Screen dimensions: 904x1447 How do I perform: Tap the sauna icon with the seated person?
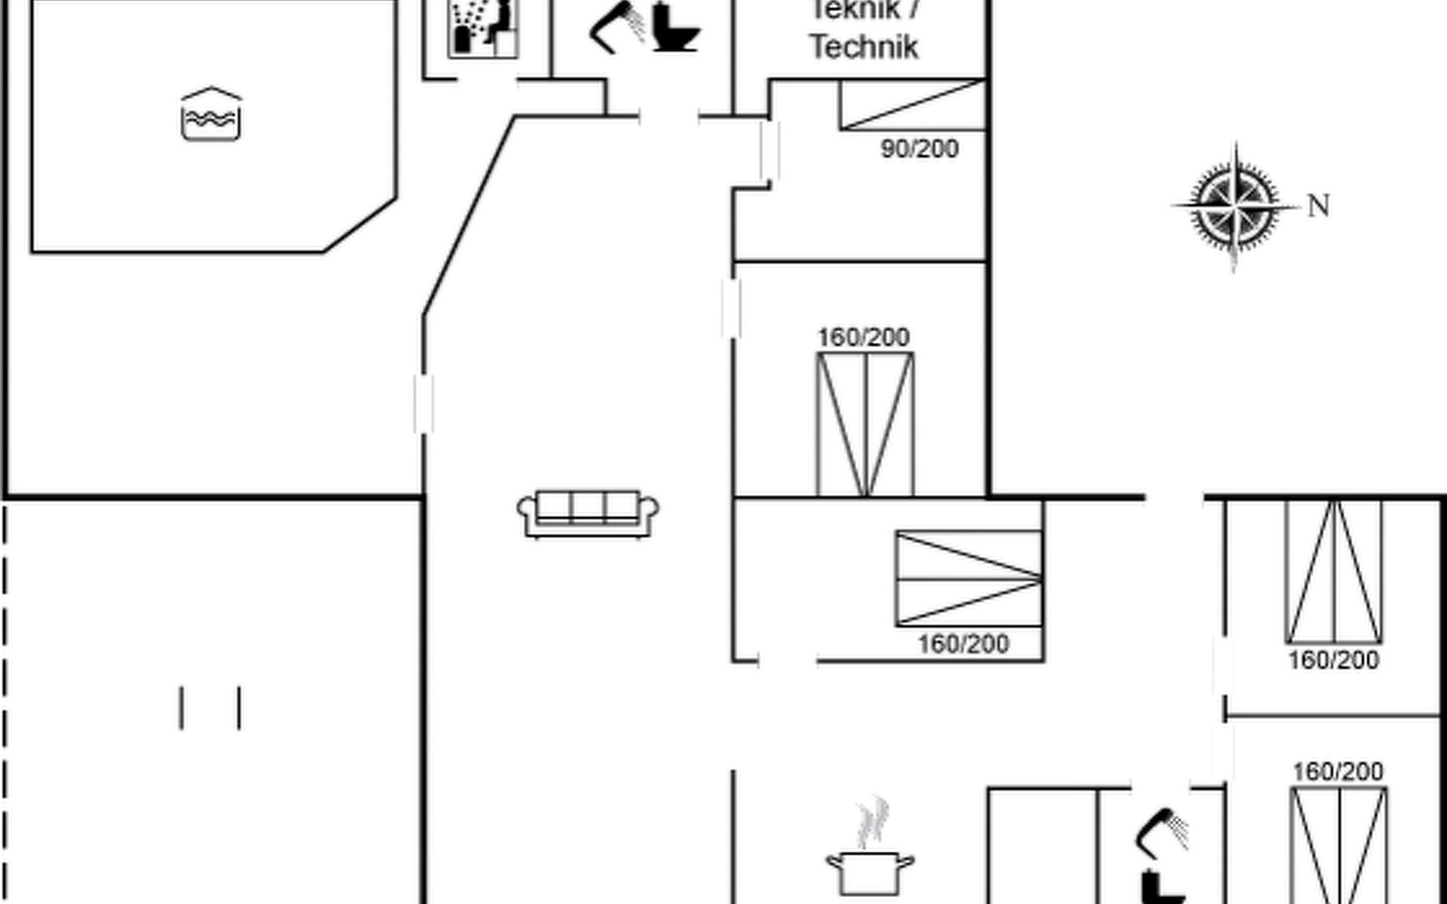483,29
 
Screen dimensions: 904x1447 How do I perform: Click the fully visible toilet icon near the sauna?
675,28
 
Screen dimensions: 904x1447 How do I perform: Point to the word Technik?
864,47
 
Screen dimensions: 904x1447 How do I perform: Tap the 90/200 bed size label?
919,148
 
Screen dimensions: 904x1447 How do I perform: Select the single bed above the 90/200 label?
913,105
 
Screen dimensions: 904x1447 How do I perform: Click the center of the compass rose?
1234,205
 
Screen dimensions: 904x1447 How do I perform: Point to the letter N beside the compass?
1318,206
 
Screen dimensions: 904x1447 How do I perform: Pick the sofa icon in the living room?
588,514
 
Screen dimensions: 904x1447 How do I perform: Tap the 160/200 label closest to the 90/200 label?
864,337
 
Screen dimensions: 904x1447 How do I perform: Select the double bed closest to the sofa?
865,424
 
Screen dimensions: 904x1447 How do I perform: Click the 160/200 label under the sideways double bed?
963,644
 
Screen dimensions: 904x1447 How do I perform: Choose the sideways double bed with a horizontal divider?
969,579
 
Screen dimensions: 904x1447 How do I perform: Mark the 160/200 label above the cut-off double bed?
1338,771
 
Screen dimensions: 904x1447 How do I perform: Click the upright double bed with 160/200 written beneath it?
1334,572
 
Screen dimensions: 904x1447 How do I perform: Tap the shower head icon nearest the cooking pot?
1161,832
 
